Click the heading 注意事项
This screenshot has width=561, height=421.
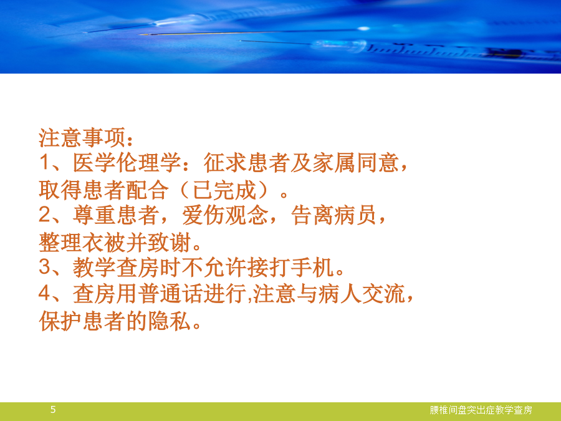coord(82,137)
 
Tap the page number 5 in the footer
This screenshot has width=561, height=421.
coord(53,410)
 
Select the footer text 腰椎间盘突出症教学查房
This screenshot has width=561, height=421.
coord(481,410)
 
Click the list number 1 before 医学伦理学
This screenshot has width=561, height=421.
coord(44,162)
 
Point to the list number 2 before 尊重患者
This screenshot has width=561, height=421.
coord(45,215)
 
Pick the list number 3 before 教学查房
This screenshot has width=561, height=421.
coord(45,267)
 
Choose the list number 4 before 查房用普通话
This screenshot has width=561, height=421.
coord(45,293)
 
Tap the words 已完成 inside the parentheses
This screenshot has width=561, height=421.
coord(224,190)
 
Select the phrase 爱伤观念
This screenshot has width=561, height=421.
coord(225,215)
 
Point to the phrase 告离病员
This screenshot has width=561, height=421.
coord(334,215)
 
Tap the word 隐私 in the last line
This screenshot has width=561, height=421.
coord(169,321)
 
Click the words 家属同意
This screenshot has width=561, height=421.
coord(356,163)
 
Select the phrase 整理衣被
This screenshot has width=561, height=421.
coord(82,242)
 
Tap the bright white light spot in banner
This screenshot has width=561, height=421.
coord(363,28)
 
